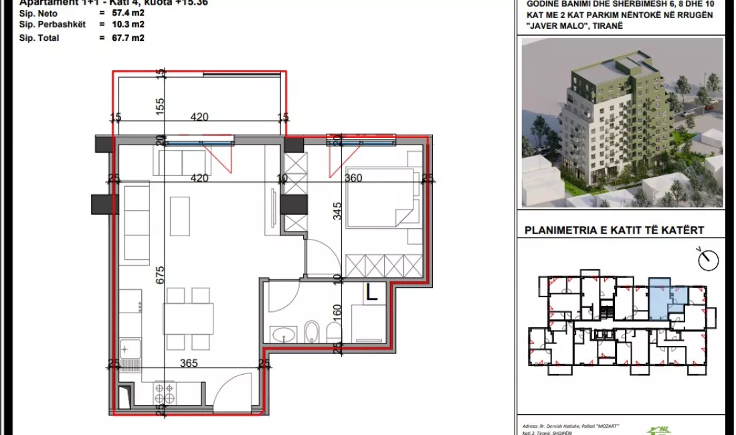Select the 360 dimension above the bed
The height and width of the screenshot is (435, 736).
click(353, 178)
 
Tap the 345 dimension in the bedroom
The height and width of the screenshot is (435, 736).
click(338, 212)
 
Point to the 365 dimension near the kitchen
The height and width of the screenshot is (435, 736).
click(189, 363)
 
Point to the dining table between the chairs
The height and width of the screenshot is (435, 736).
click(188, 319)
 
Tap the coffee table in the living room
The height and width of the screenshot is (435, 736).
click(179, 215)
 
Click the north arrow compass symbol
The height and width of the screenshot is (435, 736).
click(706, 257)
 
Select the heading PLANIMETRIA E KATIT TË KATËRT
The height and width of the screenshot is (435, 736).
click(614, 231)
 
